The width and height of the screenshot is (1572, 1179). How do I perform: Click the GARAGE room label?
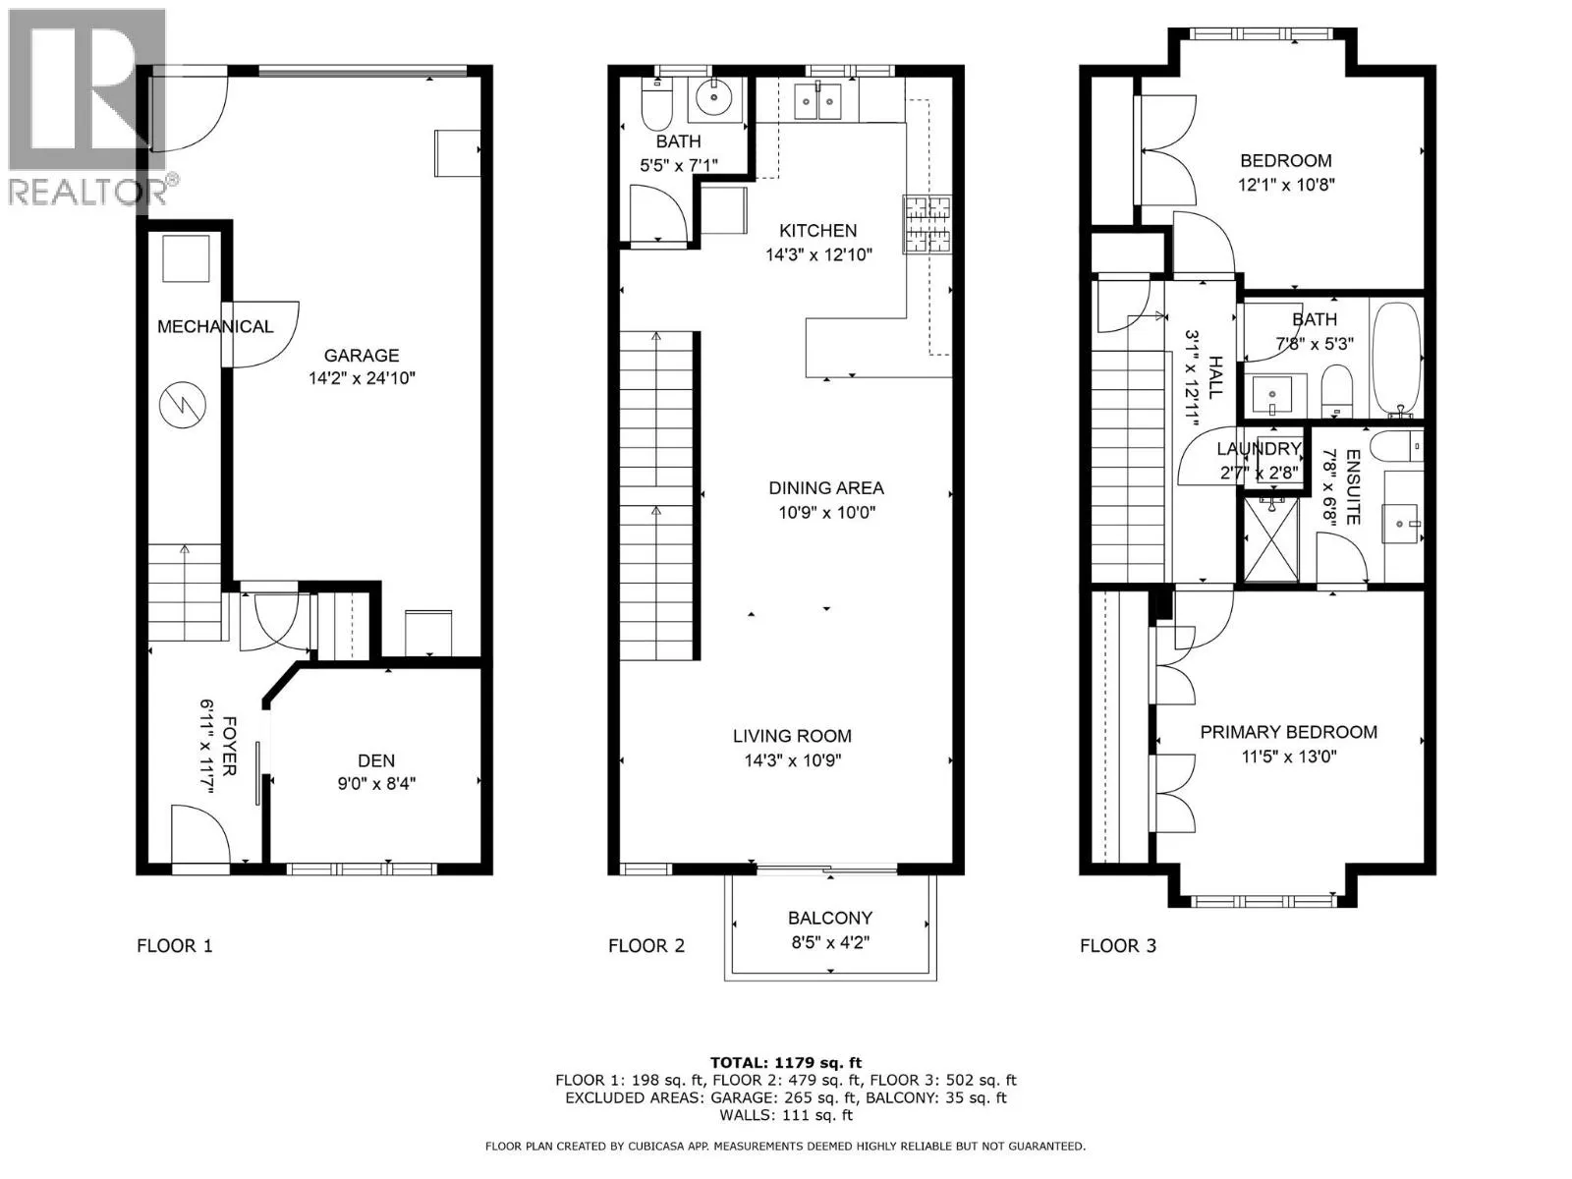[x=362, y=356]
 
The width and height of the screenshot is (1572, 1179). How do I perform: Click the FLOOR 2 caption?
[x=646, y=946]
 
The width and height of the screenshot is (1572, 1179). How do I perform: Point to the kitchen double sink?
[x=817, y=100]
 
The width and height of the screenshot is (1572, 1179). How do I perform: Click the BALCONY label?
[x=830, y=918]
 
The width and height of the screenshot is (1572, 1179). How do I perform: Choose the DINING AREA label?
[x=826, y=488]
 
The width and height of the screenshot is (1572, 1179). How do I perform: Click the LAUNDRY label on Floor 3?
[x=1259, y=449]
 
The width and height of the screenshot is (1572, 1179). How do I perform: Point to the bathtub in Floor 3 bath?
[x=1395, y=359]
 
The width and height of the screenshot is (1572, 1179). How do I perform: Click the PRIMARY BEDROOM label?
[x=1288, y=732]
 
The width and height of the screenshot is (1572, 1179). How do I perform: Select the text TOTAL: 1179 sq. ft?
[x=785, y=1062]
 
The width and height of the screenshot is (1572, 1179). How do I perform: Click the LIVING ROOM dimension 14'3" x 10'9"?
[x=793, y=760]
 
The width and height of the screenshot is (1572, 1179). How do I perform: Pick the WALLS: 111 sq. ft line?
[x=785, y=1115]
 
